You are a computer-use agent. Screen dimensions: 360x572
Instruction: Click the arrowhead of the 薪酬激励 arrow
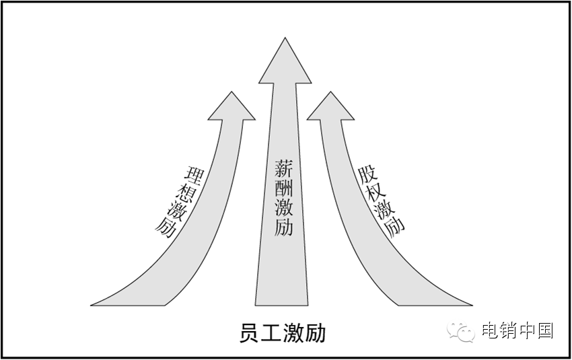(285, 64)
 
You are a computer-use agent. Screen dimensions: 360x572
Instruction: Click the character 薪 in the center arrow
(283, 168)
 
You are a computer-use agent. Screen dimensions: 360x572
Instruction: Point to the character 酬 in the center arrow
(283, 188)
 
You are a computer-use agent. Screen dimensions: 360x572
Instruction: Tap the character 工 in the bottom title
(272, 332)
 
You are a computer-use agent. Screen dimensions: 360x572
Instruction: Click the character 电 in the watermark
(489, 330)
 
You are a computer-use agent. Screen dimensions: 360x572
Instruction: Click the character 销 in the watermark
(507, 330)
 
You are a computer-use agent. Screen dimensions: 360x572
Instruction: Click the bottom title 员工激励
(283, 332)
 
